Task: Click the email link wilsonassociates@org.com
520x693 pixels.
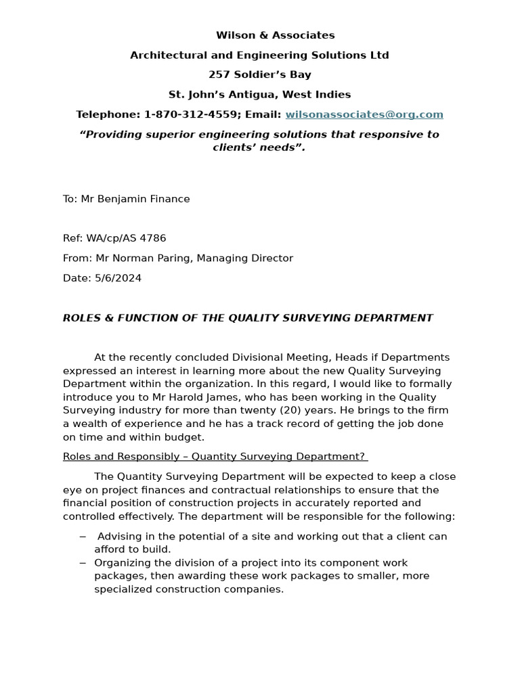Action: [364, 114]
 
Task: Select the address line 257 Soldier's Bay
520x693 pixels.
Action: [260, 74]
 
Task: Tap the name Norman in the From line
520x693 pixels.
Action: [131, 258]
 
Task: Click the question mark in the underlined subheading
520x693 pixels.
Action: [362, 456]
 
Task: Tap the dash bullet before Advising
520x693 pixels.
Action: [83, 536]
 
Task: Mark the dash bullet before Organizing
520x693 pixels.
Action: [83, 562]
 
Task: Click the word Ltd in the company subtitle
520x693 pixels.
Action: [379, 55]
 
